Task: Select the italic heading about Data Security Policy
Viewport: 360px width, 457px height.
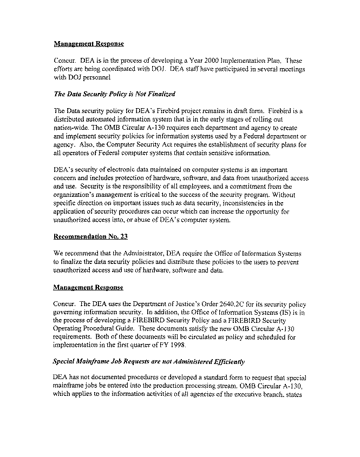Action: [x=114, y=94]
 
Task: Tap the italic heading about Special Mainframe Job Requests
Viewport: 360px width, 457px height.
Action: [x=148, y=361]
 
